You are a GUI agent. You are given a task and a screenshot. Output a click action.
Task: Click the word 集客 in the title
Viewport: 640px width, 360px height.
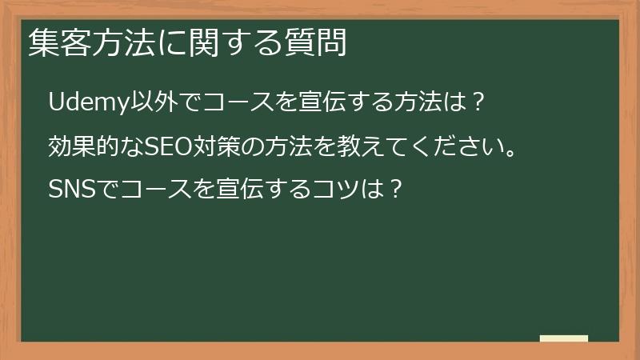(x=54, y=42)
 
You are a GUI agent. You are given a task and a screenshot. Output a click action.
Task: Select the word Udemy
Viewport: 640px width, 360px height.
(x=82, y=102)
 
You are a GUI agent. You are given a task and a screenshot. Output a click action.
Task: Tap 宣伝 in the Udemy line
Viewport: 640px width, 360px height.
(x=308, y=102)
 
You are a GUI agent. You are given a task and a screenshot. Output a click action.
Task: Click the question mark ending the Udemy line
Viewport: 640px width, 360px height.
(x=477, y=102)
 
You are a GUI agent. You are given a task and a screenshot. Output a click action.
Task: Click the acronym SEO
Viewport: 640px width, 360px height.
(x=164, y=146)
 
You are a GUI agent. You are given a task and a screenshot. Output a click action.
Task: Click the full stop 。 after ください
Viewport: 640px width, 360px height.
(x=507, y=152)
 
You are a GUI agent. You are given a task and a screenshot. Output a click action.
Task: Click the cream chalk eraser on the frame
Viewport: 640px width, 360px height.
(x=564, y=339)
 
